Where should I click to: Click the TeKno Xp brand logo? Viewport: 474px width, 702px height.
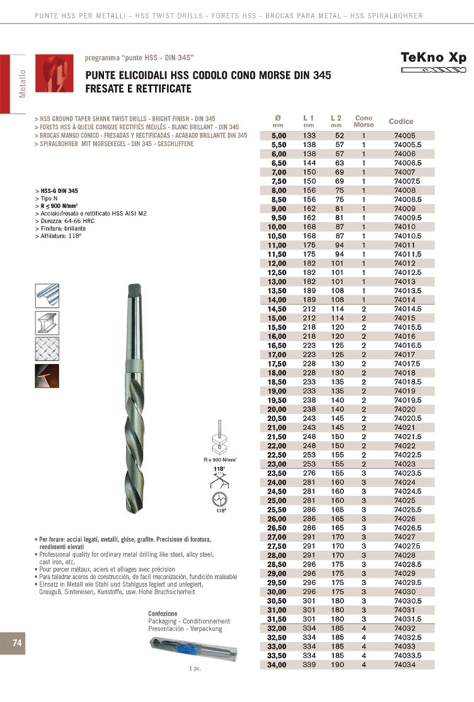click(434, 58)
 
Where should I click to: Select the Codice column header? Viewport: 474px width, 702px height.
click(401, 122)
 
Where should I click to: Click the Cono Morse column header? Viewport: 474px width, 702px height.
click(364, 122)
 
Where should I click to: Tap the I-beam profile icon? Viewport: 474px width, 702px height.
click(47, 322)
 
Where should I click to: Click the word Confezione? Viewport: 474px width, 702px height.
click(162, 613)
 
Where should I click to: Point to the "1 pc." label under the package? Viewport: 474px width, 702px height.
click(196, 669)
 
